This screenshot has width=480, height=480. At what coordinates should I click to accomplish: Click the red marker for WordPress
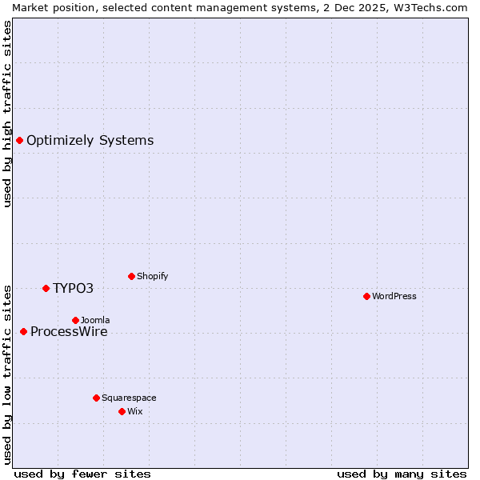(366, 296)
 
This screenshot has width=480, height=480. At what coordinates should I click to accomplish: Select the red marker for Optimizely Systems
(19, 141)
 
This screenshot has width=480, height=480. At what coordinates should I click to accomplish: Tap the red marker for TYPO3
(46, 288)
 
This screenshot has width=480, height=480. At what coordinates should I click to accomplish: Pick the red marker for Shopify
(131, 276)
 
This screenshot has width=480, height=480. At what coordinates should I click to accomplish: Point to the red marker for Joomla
(75, 320)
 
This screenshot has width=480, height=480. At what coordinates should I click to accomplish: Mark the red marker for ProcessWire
(23, 331)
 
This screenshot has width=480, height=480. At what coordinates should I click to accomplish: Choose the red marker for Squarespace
(96, 398)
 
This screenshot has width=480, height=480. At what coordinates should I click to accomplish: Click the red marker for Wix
(122, 411)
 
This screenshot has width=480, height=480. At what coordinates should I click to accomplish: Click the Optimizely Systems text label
(90, 141)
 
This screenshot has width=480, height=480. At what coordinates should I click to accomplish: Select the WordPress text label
(394, 296)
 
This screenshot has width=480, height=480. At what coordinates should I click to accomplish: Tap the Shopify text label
(152, 276)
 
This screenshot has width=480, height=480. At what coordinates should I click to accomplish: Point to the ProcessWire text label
(69, 332)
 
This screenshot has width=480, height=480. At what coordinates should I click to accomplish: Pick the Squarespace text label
(129, 398)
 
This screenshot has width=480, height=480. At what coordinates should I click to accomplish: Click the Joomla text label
(95, 320)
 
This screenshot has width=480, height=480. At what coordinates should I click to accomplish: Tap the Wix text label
(134, 411)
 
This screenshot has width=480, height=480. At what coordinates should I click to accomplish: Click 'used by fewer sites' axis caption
(82, 474)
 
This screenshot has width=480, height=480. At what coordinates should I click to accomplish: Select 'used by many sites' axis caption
(402, 474)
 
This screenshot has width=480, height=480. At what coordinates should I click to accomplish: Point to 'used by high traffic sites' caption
(7, 114)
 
